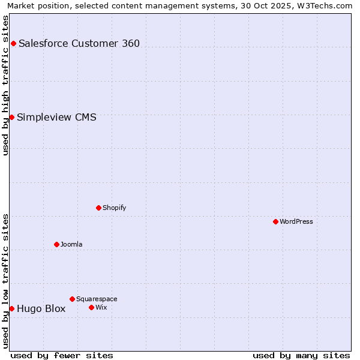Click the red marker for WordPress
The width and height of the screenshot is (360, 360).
coord(275,221)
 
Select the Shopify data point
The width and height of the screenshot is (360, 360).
coord(98,208)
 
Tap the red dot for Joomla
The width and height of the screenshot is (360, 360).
coord(56,244)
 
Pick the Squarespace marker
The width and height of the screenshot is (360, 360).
coord(72,299)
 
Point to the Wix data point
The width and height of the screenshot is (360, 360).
coord(91,307)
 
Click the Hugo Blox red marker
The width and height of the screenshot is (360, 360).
coord(11,308)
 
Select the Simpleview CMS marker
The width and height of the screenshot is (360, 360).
coord(11,117)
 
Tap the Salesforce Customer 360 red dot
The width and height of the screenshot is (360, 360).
coord(13,43)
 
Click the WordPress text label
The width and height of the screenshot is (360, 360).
coord(296,221)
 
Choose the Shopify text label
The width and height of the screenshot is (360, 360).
coord(114,208)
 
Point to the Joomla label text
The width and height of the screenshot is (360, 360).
coord(71,244)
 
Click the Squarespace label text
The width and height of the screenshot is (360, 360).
coord(97,299)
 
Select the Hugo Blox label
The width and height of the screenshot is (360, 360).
coord(41,309)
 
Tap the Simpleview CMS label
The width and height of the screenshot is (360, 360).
coord(56,117)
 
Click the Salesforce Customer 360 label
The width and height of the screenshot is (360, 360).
coord(79,43)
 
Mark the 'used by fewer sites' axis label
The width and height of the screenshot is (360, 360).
coord(62,355)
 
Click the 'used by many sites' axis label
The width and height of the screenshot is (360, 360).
coord(301,355)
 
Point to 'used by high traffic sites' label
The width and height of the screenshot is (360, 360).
coord(6,85)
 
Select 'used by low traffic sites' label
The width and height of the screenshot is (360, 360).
coord(6,281)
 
